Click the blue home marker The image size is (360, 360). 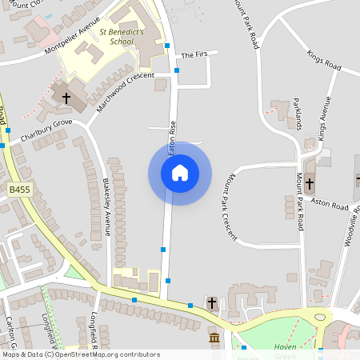coord(180,173)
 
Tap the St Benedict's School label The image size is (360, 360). coord(121,36)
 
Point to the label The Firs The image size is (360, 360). coord(194,55)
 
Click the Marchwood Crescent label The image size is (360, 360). coord(124,90)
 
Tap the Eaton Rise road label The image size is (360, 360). coord(171,138)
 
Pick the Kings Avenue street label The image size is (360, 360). coord(324,118)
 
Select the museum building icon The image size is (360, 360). coord(214,339)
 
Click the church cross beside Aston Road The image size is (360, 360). coord(309,183)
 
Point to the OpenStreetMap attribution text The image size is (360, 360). coord(81,354)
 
